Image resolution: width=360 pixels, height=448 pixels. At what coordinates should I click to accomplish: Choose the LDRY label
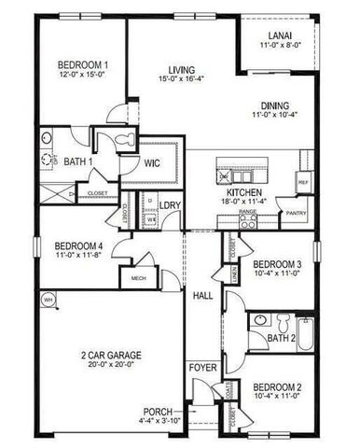[170, 204]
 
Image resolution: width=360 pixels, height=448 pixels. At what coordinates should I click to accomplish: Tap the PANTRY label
[298, 214]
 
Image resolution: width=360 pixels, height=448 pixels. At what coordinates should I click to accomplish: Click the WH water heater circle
[47, 299]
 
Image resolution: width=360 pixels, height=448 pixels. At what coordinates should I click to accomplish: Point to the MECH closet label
[138, 277]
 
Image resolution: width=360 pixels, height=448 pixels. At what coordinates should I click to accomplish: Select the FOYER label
[203, 367]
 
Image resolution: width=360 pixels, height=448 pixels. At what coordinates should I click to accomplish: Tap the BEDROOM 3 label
[277, 264]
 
